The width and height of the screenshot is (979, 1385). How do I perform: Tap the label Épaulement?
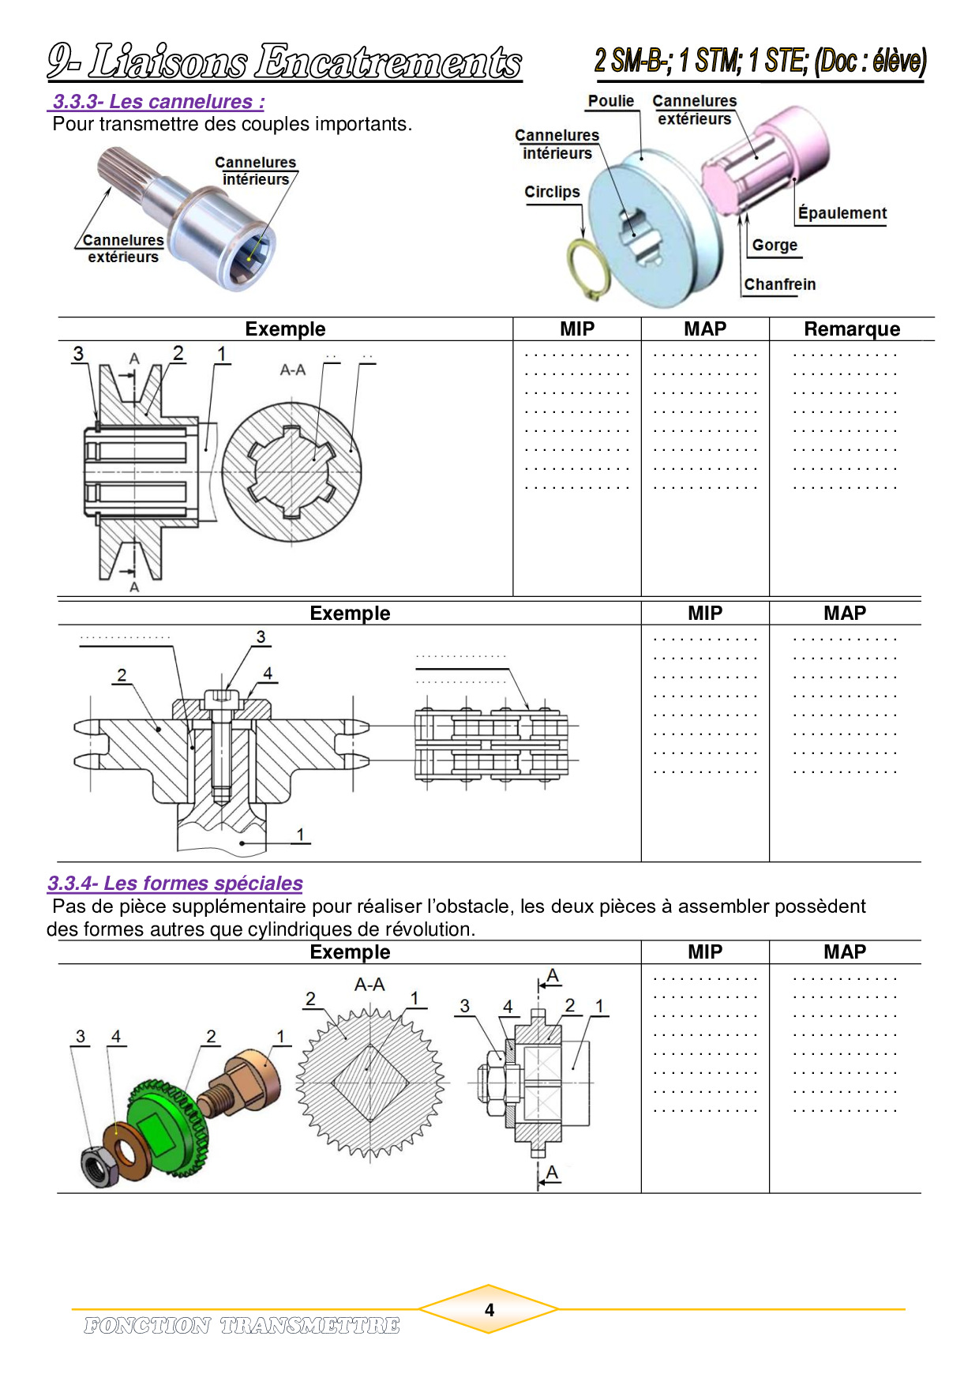842,213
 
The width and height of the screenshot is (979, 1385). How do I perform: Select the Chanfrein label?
779,284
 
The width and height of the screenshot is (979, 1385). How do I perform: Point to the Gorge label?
775,245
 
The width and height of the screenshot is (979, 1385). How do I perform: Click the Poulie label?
610,101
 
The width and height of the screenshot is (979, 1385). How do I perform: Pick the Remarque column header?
851,329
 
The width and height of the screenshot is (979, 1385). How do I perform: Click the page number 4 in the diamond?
489,1310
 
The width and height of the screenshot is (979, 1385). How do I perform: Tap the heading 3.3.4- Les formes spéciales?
174,883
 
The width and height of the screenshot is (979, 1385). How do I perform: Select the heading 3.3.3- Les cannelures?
158,102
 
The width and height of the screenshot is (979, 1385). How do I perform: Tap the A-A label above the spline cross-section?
293,370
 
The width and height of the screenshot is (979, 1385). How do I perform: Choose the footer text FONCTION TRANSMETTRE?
242,1325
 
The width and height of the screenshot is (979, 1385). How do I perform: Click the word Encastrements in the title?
388,62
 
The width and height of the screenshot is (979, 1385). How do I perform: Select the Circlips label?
552,192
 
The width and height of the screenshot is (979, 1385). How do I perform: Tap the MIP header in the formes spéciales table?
704,951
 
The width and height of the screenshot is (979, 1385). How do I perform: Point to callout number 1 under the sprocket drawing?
300,835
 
